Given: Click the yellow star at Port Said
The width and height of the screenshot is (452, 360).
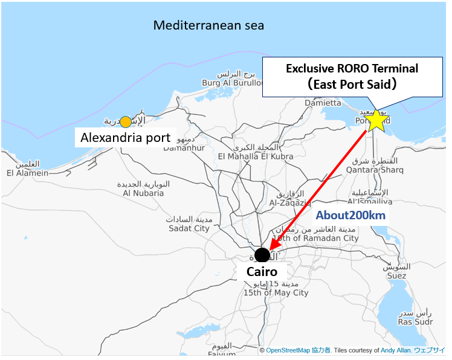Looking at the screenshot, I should tap(376, 120).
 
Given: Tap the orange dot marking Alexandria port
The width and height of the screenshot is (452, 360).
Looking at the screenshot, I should tap(125, 122).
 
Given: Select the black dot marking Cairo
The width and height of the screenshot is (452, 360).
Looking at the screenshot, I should tap(262, 255).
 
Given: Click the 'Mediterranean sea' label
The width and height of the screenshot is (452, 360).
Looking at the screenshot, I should tap(208, 25).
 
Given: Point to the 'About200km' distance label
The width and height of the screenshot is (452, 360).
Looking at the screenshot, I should tap(350, 215).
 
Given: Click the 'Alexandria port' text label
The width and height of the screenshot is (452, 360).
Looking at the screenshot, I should tap(125, 138).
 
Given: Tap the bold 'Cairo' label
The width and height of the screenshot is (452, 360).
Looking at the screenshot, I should tap(262, 272).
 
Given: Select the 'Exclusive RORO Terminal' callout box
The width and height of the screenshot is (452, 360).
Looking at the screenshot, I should tap(352, 76).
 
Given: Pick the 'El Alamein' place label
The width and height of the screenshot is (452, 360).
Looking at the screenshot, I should tap(27, 173).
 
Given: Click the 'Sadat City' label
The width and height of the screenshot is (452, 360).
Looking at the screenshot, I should tap(189, 228).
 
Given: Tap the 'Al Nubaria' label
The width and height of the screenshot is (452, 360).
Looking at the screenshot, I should tap(143, 193).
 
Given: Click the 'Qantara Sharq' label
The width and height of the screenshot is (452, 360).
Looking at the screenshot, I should tap(364, 170).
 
